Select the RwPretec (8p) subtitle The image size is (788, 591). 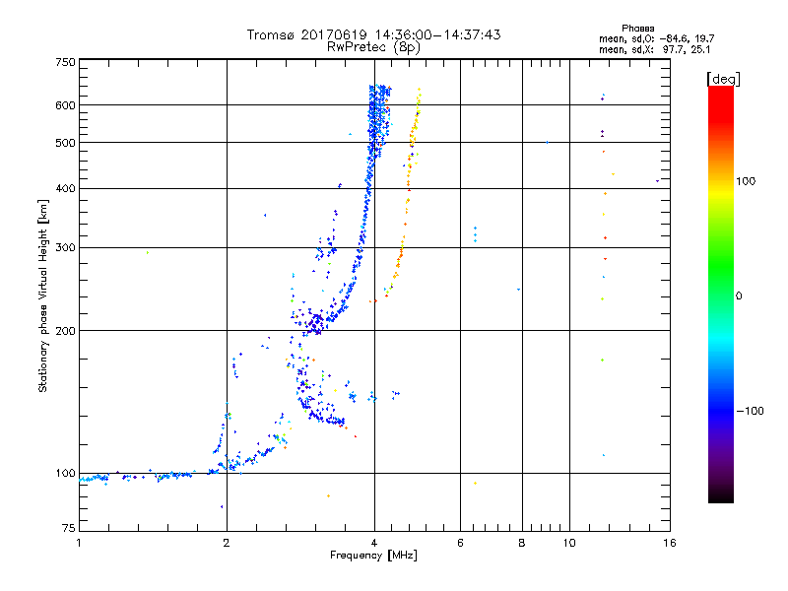pyautogui.click(x=374, y=46)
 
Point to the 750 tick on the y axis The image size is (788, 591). pyautogui.click(x=65, y=62)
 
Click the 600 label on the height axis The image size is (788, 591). pyautogui.click(x=65, y=105)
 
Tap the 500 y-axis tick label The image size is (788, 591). pyautogui.click(x=65, y=143)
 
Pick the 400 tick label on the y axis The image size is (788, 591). pyautogui.click(x=65, y=189)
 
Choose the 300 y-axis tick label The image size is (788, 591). pyautogui.click(x=65, y=248)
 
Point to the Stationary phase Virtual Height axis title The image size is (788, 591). pyautogui.click(x=43, y=295)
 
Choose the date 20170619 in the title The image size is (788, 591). pyautogui.click(x=335, y=34)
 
